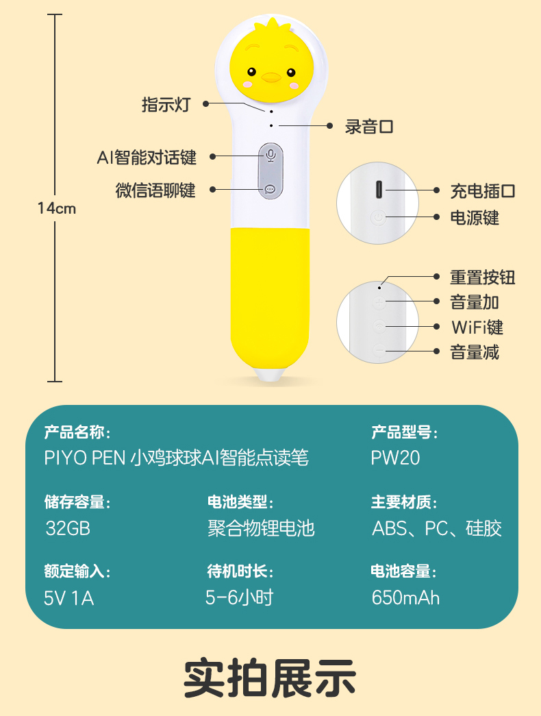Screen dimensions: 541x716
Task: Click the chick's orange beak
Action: (x=271, y=77)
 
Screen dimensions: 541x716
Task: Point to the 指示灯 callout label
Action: (x=165, y=104)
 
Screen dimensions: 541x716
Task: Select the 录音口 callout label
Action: (x=369, y=126)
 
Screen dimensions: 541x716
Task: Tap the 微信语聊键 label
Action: (x=155, y=190)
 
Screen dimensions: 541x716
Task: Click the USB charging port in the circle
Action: (x=378, y=190)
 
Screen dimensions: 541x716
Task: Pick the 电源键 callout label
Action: (x=474, y=218)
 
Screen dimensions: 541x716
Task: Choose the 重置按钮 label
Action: (x=482, y=277)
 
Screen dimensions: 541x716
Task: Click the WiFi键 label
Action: (x=477, y=327)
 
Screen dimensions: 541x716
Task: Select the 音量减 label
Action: (x=474, y=352)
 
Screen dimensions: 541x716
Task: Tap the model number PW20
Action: (x=395, y=458)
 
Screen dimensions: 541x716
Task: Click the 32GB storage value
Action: (x=68, y=528)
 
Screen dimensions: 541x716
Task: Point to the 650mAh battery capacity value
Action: (x=405, y=597)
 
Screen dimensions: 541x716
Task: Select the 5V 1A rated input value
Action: (x=68, y=597)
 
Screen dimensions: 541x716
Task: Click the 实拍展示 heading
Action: (x=270, y=678)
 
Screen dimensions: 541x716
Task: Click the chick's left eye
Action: (x=251, y=72)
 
